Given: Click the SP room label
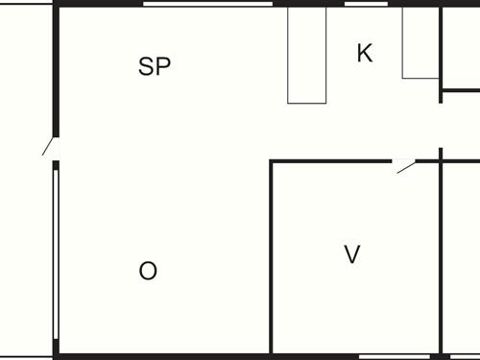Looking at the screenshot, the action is click(x=155, y=67).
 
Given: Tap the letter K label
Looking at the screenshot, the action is click(x=364, y=54).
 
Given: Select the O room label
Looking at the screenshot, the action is click(x=148, y=271).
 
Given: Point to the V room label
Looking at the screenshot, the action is click(x=352, y=254).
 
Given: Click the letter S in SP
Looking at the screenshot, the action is click(x=147, y=67).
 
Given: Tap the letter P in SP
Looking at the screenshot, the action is click(x=163, y=67).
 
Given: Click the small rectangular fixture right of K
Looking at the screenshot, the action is click(x=420, y=42).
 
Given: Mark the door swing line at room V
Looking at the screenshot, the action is click(x=406, y=168).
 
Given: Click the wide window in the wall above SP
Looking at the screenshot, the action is click(x=208, y=4).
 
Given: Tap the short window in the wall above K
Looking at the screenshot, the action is click(x=366, y=4).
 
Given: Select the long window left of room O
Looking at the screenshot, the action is click(x=56, y=253).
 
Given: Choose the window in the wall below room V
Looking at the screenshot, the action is click(x=395, y=356).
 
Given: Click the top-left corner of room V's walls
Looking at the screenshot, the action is click(x=272, y=161).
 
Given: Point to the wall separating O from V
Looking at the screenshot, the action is click(x=272, y=259).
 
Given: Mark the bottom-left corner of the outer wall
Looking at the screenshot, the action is click(x=56, y=355).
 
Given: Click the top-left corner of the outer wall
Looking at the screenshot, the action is click(x=56, y=5).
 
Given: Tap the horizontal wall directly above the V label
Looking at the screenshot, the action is click(x=331, y=161).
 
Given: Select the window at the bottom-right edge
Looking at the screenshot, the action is click(x=465, y=356).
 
